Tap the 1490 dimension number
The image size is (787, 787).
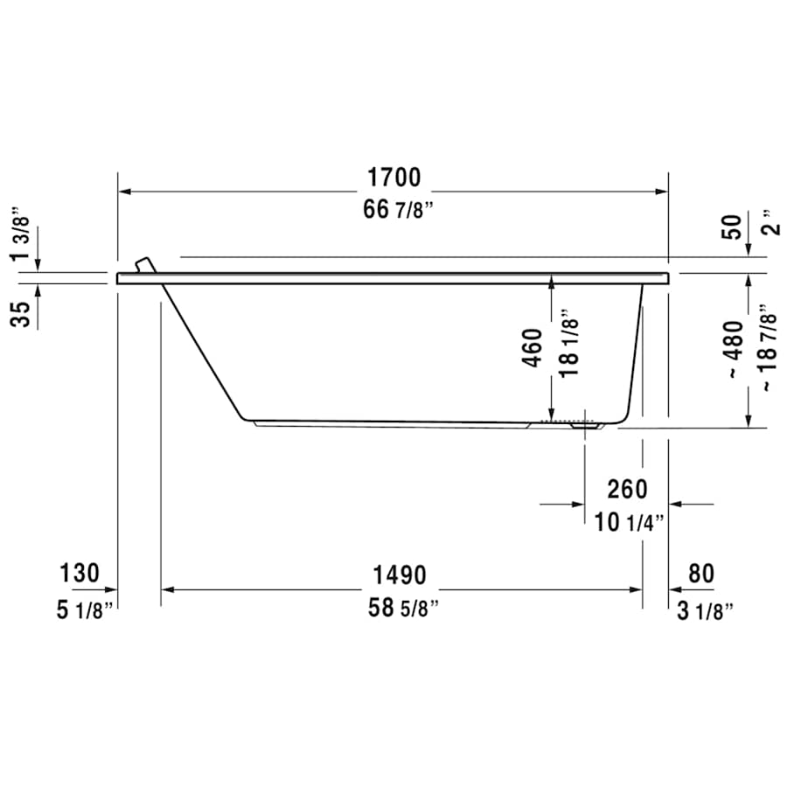tap(399, 575)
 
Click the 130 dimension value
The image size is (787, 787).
tap(80, 574)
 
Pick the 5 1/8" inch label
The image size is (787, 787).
tap(80, 609)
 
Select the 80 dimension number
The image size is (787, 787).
tap(700, 574)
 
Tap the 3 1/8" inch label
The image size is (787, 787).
tap(702, 609)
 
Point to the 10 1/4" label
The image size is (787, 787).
tap(628, 523)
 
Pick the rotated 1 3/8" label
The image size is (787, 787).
tap(19, 233)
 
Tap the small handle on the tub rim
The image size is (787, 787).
tap(143, 264)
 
